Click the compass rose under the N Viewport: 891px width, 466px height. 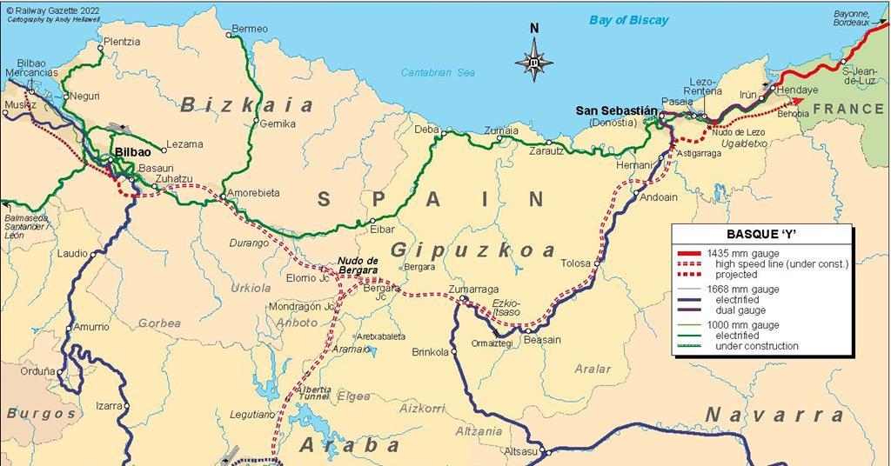pyautogui.click(x=533, y=62)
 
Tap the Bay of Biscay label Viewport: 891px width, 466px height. pyautogui.click(x=628, y=20)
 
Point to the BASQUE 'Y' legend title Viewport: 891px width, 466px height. pyautogui.click(x=761, y=234)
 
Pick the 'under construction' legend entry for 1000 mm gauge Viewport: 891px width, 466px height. pyautogui.click(x=756, y=346)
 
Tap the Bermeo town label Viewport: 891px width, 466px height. pyautogui.click(x=251, y=29)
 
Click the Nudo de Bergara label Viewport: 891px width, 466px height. pyautogui.click(x=358, y=265)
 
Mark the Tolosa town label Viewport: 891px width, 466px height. pyautogui.click(x=575, y=263)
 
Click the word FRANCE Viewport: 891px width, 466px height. pyautogui.click(x=848, y=109)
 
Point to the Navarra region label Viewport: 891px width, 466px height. pyautogui.click(x=774, y=415)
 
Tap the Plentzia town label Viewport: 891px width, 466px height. pyautogui.click(x=121, y=41)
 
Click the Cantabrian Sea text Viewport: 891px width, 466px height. pyautogui.click(x=438, y=72)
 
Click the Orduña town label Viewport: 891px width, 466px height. pyautogui.click(x=37, y=371)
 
